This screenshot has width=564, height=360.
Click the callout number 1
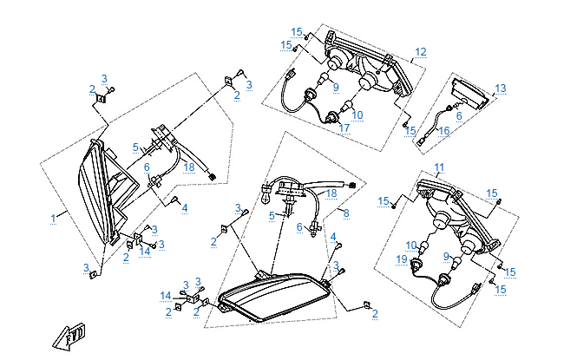point(54,217)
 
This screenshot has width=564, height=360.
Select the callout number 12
point(420,52)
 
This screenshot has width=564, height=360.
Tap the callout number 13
point(500,88)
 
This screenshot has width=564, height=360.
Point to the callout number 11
point(439,167)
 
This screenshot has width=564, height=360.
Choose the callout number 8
point(347,213)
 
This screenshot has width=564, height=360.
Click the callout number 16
point(443,131)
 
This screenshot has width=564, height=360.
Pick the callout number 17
point(344,128)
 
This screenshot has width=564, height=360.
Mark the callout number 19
point(402,259)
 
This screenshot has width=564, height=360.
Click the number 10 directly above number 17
point(357,114)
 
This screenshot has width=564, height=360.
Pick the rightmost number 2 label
point(375,314)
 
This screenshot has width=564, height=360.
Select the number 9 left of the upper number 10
point(334,87)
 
